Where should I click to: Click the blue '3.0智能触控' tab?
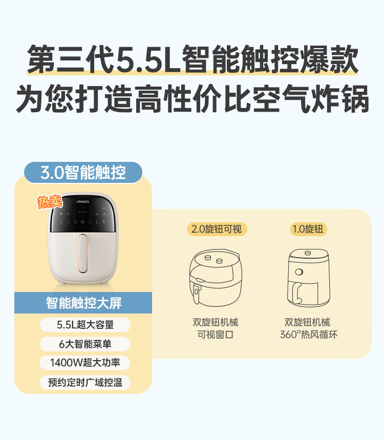[83, 172]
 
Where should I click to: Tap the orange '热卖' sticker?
[50, 202]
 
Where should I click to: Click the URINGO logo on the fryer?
[83, 201]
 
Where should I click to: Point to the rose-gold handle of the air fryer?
[83, 254]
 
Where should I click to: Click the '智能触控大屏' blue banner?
[83, 303]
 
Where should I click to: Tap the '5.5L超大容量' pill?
[85, 325]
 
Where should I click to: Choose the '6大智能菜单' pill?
[85, 344]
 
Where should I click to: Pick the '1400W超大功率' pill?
[85, 363]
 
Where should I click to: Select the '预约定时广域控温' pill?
[85, 382]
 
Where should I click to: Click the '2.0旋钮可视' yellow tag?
[217, 229]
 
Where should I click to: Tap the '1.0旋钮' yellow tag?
[308, 229]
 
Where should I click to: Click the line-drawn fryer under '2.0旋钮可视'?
[216, 278]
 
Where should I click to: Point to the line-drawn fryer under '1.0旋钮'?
[309, 278]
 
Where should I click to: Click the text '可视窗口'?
[216, 334]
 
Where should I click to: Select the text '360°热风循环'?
[309, 334]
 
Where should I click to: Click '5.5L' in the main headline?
[148, 59]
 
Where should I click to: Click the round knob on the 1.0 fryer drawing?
[299, 271]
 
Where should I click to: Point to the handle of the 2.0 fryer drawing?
[196, 294]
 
